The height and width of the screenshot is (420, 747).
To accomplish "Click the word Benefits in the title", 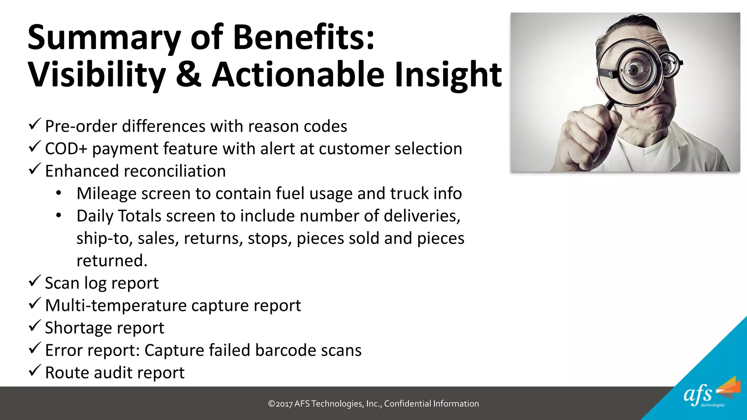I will tap(303, 38).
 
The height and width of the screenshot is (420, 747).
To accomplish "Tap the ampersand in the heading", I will tap(188, 74).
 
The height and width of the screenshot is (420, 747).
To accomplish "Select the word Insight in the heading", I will tap(448, 75).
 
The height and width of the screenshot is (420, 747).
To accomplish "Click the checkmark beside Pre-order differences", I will tap(34, 124).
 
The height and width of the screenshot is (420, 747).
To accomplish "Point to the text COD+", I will tap(66, 149).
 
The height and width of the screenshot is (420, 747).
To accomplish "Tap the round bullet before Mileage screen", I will tap(59, 193).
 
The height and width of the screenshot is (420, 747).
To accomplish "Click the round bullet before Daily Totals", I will tap(59, 215).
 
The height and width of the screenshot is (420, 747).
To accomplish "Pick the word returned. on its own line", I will tap(112, 261).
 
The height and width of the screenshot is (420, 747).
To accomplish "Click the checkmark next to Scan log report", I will tap(34, 281).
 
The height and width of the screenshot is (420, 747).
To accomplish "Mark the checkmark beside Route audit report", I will tap(34, 371).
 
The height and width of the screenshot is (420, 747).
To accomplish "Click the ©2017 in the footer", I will tap(280, 404).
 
